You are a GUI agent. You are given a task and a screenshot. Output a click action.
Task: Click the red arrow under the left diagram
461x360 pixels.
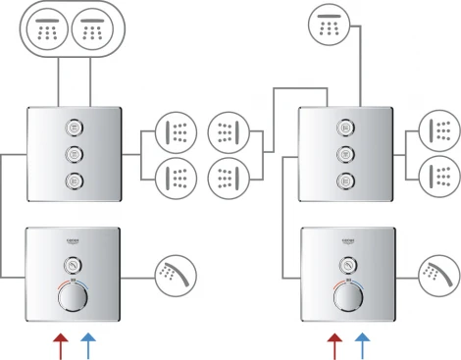59,343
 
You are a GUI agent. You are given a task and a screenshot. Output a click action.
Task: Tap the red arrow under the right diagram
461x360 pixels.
334,343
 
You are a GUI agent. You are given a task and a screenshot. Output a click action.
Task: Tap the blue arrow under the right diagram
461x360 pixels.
363,343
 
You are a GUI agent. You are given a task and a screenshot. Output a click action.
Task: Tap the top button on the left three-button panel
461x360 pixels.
73,127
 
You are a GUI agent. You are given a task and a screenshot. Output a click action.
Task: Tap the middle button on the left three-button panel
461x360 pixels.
73,153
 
